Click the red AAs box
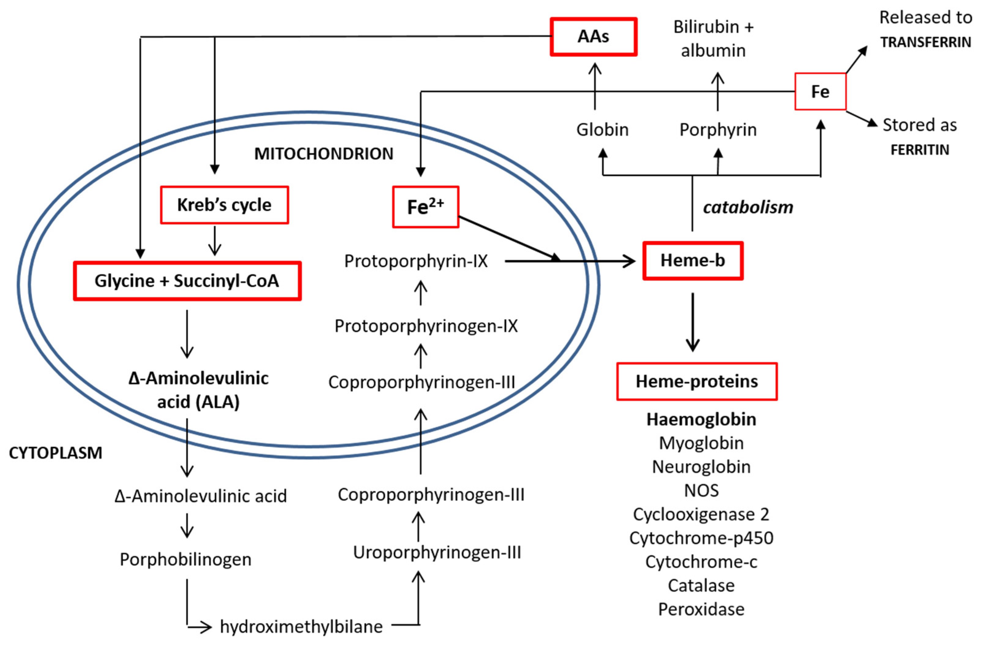[593, 37]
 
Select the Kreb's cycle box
[224, 205]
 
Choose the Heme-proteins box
[697, 381]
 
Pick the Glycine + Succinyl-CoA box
[187, 281]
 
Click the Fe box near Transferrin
[820, 92]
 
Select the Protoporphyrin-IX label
[416, 261]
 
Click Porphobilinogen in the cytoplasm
[185, 560]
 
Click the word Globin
[602, 130]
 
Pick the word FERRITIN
[920, 150]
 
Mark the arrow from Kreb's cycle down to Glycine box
[214, 241]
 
